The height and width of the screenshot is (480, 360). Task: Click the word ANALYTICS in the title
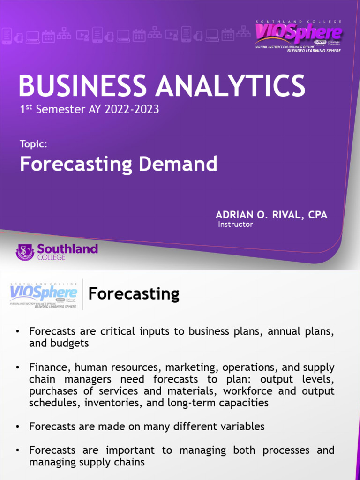coord(230,86)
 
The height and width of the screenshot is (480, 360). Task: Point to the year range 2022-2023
coord(132,110)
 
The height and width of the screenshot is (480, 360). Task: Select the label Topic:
coord(33,144)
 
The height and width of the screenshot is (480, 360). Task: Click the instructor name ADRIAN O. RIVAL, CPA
coord(271,215)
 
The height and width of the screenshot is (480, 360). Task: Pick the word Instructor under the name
coord(236,225)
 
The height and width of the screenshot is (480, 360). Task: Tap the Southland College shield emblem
coord(25,252)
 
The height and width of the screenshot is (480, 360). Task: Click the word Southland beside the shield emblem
coord(67,248)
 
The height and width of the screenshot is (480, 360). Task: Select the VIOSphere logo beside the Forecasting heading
coord(43,294)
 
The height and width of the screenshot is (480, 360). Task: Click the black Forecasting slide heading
coord(134,294)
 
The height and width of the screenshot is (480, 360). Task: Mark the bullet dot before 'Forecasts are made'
coord(17,427)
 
